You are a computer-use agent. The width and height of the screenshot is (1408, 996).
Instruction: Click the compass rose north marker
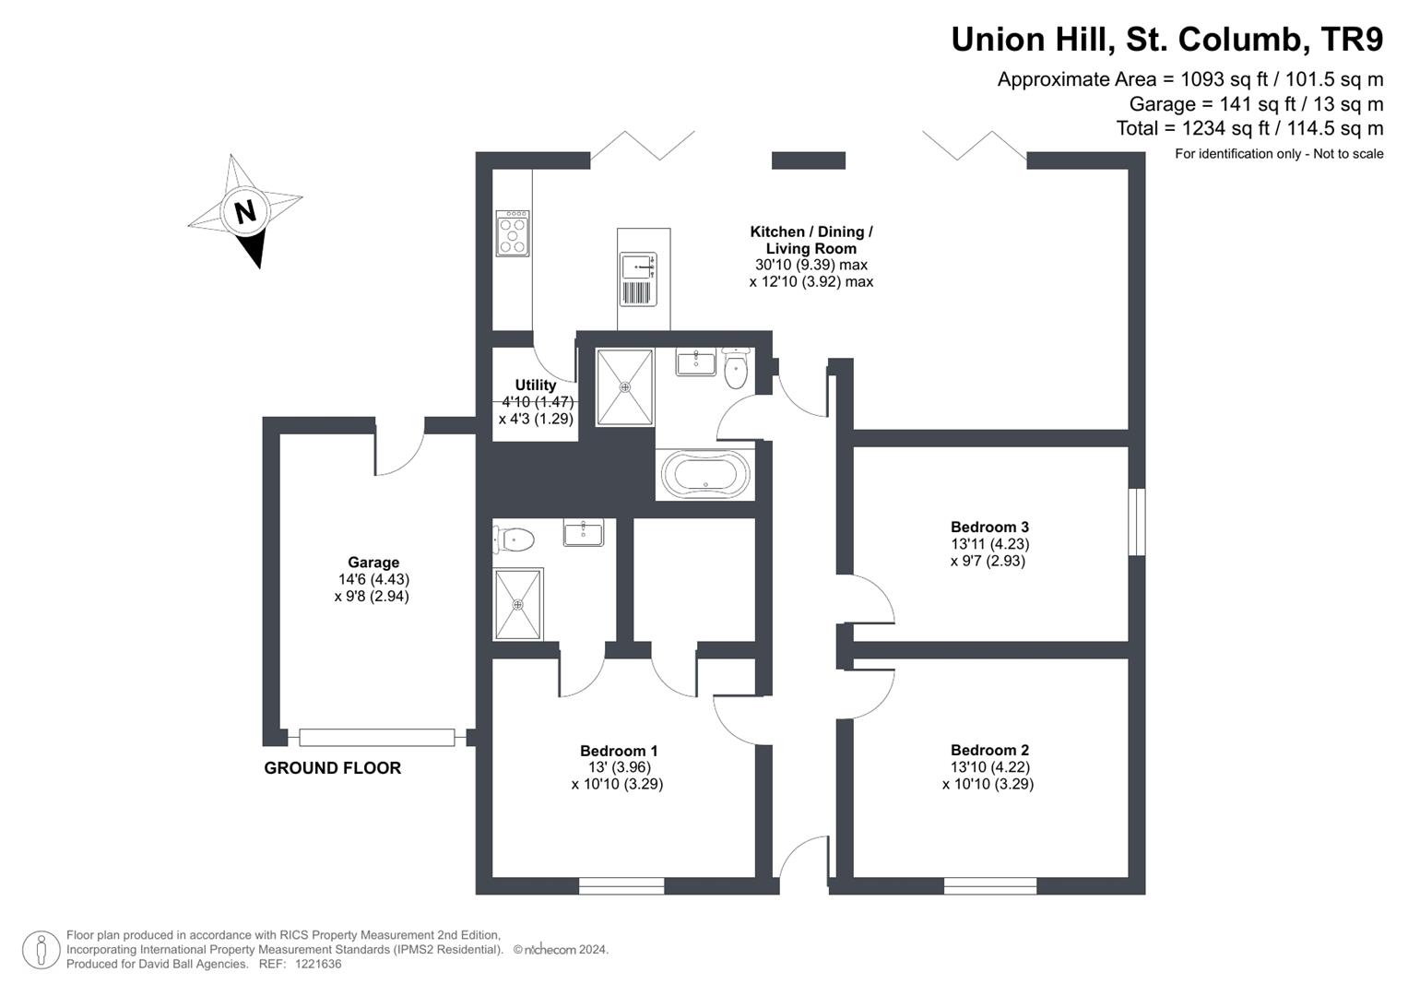tap(244, 212)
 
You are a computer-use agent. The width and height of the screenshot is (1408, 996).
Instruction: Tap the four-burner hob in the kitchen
tap(513, 233)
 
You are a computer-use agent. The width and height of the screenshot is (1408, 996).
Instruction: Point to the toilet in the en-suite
tap(515, 539)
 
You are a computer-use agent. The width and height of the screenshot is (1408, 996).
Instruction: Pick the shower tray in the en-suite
tap(518, 604)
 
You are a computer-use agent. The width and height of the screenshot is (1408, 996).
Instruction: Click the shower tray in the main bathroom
tap(624, 387)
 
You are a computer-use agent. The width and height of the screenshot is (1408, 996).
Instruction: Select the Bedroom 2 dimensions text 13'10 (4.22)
tap(989, 767)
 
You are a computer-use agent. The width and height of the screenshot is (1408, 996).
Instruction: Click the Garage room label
tap(373, 563)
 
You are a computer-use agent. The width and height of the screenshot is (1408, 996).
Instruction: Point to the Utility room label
tap(536, 385)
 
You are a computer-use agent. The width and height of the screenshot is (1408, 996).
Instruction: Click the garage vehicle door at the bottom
tap(376, 737)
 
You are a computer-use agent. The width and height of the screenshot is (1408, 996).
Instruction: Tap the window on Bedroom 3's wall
tap(1137, 522)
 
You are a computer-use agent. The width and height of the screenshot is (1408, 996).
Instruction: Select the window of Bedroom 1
tap(621, 886)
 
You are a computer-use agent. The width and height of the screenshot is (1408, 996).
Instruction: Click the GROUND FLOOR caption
tap(332, 768)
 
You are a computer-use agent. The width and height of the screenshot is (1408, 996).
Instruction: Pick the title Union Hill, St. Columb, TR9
tap(1166, 40)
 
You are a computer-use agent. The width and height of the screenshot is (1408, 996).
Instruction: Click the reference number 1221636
tap(314, 964)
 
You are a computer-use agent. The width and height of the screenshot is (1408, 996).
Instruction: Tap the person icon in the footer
tap(41, 950)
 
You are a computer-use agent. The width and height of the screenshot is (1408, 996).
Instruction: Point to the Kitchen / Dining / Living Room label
tap(810, 240)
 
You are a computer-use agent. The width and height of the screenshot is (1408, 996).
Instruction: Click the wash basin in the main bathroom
tap(695, 362)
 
